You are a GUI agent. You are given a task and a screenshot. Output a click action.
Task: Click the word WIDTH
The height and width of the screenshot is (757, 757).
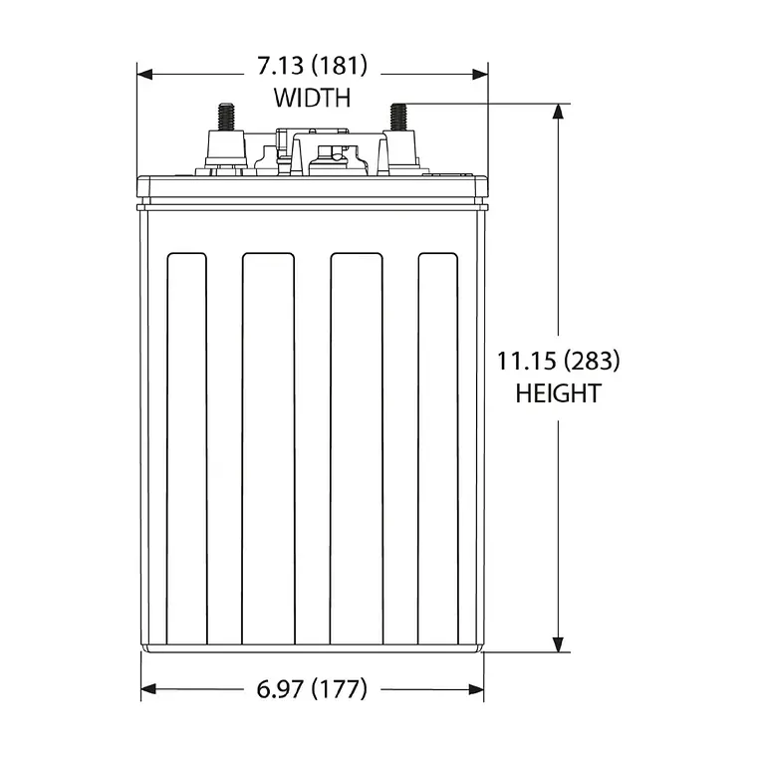coord(312,98)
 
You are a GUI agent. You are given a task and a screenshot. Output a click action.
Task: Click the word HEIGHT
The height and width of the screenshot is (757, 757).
coord(558,393)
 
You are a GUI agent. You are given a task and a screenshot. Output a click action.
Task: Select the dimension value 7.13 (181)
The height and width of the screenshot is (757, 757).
coord(312,67)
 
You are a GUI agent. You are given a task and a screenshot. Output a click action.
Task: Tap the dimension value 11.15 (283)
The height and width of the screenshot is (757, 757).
coord(558,361)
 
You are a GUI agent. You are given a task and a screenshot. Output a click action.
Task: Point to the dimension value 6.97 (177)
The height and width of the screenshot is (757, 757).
coord(312,688)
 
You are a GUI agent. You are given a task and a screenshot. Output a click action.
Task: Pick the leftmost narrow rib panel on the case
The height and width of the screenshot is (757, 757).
coord(186,448)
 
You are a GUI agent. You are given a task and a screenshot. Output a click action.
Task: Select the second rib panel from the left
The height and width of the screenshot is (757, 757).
coord(268,448)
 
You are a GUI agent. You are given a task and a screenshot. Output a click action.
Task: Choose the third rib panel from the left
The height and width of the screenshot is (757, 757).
coord(356,448)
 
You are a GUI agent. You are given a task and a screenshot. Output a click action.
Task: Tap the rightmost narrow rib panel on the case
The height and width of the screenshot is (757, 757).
coord(437,448)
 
